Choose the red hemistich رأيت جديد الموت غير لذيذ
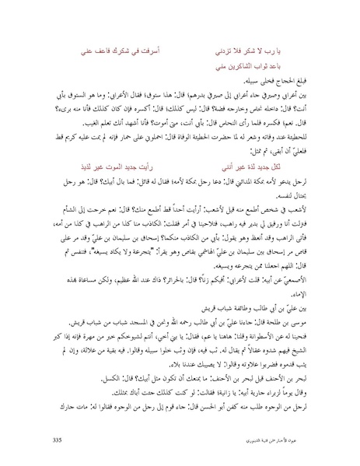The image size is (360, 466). click(122, 187)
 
